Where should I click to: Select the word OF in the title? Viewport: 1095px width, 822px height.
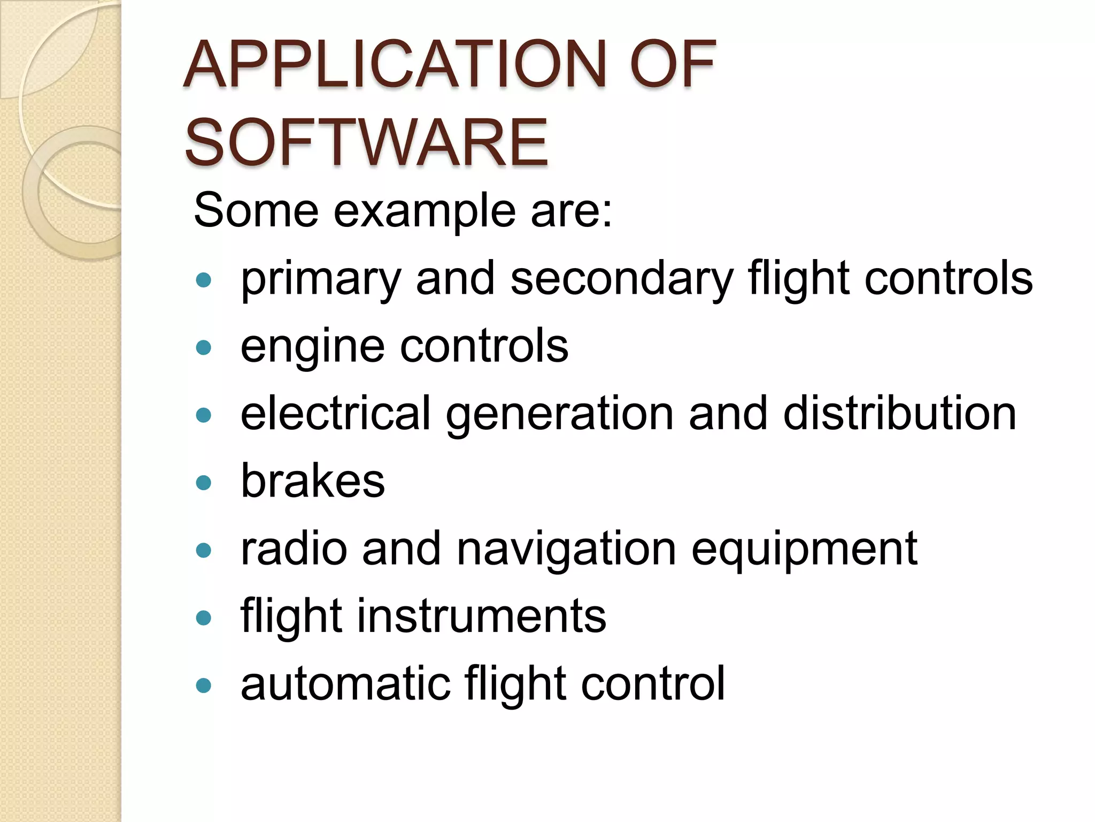672,65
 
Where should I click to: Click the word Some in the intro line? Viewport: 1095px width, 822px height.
256,210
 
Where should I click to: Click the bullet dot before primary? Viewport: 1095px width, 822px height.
204,280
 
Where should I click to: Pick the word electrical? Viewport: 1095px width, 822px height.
336,413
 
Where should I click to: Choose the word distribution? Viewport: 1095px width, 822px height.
900,413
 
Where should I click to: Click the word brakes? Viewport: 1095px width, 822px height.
313,481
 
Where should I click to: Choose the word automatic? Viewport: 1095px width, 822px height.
345,683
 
